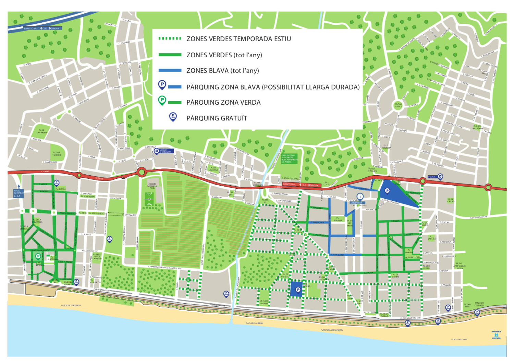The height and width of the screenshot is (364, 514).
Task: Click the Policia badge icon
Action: coord(440,177)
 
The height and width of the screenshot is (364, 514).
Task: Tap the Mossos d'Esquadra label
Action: coord(166,151)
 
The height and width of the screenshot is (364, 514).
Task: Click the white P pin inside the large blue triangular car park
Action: coord(387,191)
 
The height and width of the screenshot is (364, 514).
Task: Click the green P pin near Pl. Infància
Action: coord(38,256)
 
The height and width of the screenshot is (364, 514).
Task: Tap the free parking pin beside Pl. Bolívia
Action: coord(57,183)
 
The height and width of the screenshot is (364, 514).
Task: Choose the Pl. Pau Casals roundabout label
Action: coord(398,105)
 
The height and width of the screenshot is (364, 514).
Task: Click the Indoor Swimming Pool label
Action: coord(152,186)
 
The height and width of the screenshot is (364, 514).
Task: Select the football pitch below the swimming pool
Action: coord(149,199)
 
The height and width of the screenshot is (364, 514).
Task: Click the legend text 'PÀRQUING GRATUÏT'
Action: coord(217,118)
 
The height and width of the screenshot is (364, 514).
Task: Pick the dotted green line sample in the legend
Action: coord(170,38)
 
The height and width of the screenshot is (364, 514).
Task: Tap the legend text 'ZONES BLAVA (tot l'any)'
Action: coord(222,71)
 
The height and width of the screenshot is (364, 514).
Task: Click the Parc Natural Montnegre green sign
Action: coord(289,158)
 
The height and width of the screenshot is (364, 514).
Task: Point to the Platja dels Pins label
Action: coord(459,340)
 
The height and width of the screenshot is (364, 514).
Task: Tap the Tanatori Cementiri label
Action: coord(479,304)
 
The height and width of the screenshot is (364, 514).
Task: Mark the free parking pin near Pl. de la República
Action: coord(76,282)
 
